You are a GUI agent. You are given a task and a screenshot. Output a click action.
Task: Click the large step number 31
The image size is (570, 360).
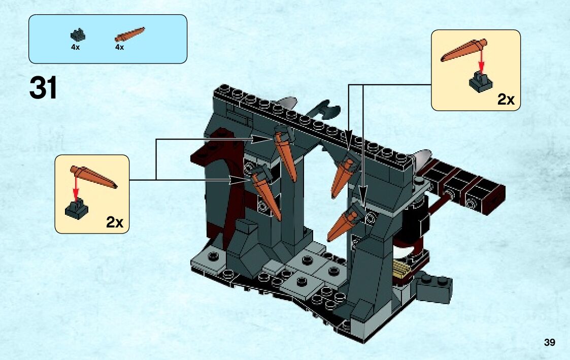point(44,88)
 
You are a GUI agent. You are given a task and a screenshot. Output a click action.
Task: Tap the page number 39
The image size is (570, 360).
point(549,343)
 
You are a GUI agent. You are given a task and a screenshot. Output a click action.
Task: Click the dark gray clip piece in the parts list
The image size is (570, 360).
point(78,35)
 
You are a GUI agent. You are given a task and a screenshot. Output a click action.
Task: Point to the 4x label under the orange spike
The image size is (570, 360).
point(120,47)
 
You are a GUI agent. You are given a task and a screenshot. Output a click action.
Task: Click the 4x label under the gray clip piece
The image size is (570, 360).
point(76,47)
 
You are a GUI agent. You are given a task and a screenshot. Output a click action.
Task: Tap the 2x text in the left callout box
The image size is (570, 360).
point(115,222)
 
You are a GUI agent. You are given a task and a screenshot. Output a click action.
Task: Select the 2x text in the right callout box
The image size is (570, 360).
point(506,99)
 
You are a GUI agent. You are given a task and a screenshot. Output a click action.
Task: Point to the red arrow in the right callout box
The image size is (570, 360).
point(482,65)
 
